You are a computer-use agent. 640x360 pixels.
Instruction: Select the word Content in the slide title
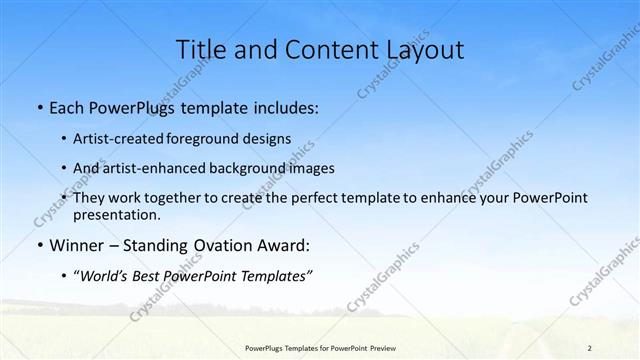[x=318, y=49]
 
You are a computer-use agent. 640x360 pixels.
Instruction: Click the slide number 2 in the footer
[x=590, y=347]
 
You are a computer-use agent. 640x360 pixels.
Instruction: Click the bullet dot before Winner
[x=39, y=244]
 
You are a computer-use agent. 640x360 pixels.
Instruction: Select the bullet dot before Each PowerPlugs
[x=39, y=108]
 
